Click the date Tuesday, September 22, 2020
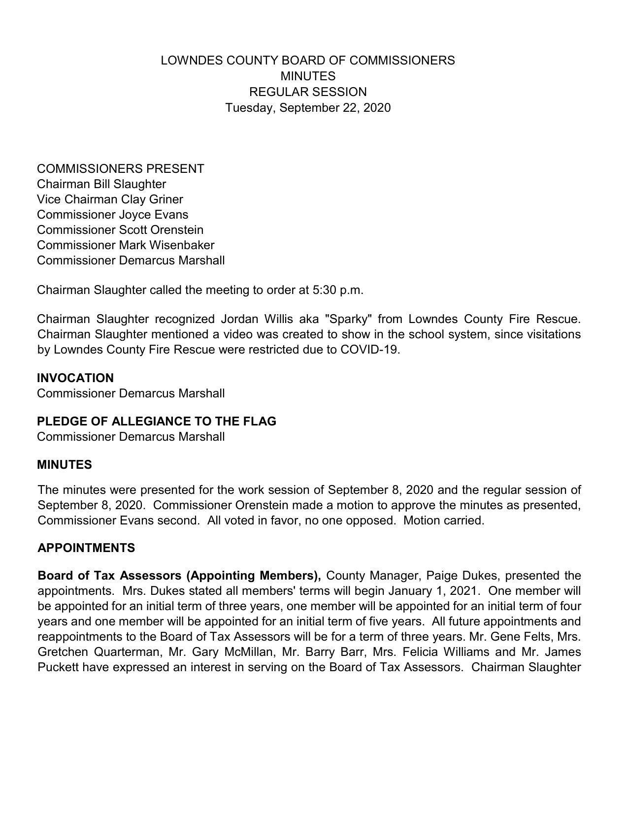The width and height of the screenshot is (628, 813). (x=308, y=108)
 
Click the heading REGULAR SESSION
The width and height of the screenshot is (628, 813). (x=308, y=92)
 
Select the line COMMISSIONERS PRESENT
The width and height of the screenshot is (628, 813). (x=120, y=169)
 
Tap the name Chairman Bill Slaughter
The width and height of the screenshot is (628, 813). (x=101, y=184)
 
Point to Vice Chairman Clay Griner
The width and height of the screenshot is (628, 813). (x=110, y=199)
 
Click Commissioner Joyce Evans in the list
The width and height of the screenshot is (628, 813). (x=112, y=215)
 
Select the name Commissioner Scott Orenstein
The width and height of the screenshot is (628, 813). (x=120, y=230)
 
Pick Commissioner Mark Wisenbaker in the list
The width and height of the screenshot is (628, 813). (x=126, y=245)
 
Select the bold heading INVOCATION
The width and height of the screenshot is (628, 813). (x=75, y=378)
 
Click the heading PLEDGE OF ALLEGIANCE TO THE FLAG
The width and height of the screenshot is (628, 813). (x=157, y=422)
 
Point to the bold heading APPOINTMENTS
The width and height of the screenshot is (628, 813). (x=86, y=548)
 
